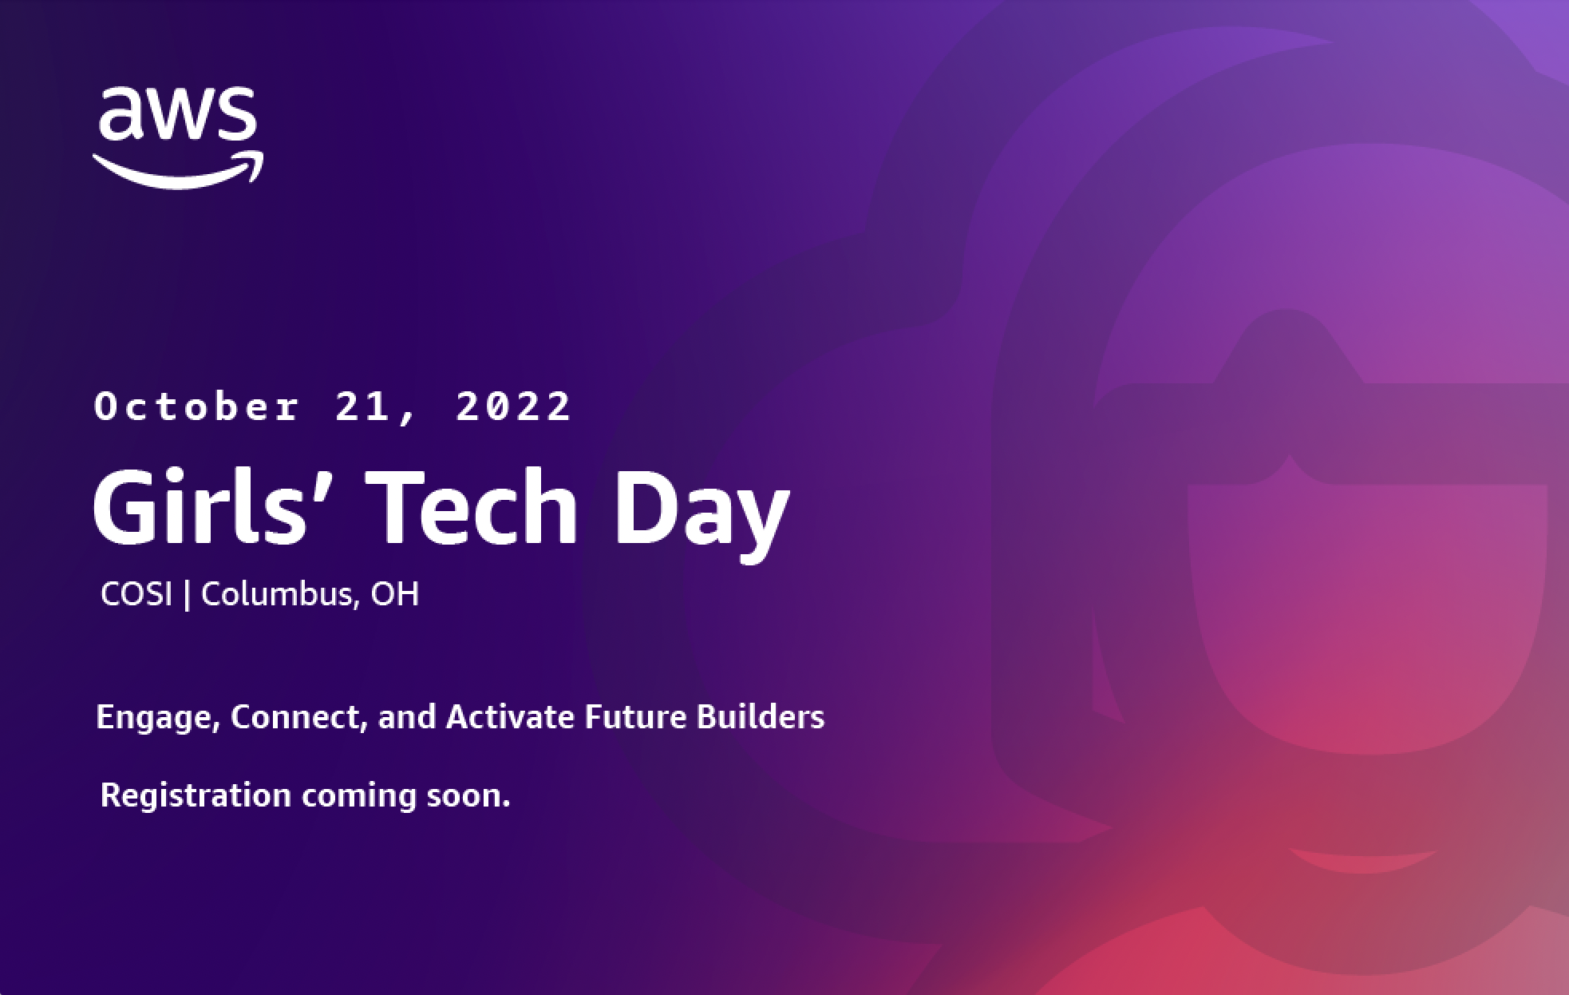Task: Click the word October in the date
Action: pos(197,406)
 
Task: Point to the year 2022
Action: pos(514,406)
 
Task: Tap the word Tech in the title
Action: pos(476,507)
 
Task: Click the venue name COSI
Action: pos(136,594)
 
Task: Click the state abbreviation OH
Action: pos(395,594)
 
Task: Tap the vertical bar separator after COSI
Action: pos(187,595)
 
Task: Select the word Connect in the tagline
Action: pos(298,717)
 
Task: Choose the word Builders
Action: pos(761,716)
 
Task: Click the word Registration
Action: pos(196,796)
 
